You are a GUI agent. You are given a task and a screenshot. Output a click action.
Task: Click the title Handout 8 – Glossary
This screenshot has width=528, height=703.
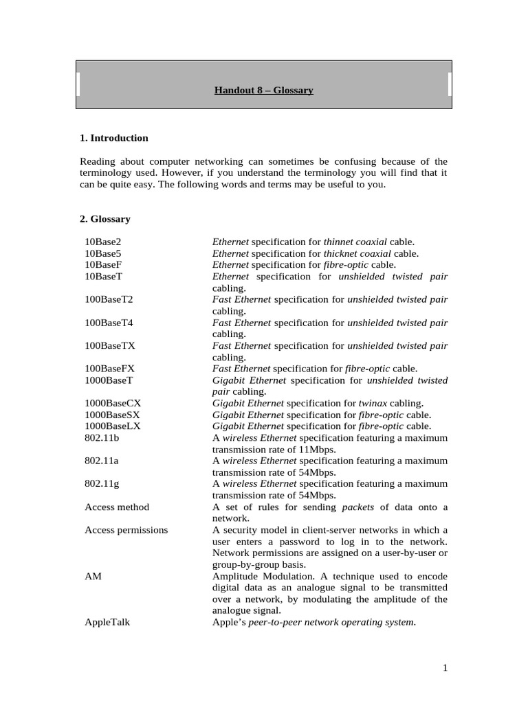click(263, 90)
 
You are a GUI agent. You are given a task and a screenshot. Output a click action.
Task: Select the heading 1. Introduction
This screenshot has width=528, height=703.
click(114, 138)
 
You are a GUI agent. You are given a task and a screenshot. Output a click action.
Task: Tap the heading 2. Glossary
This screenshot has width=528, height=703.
click(105, 219)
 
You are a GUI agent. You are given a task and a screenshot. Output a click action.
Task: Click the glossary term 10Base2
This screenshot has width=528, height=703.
click(102, 242)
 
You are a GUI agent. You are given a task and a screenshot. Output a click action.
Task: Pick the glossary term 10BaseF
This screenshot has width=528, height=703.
click(102, 264)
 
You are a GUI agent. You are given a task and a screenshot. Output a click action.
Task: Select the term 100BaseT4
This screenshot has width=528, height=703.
click(108, 323)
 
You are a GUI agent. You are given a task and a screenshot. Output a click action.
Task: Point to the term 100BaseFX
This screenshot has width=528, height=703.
click(110, 369)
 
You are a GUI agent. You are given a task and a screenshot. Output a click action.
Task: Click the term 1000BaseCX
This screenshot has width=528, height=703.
click(113, 403)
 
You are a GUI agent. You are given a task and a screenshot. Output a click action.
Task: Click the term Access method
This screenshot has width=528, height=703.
click(117, 507)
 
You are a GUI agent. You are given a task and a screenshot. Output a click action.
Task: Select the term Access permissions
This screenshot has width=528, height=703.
click(126, 530)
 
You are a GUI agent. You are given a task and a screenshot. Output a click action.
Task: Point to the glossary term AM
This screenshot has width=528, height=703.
click(93, 576)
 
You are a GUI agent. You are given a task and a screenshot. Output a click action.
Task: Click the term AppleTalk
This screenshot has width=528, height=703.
click(107, 622)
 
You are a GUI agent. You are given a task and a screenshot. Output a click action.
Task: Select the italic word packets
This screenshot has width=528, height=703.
click(360, 507)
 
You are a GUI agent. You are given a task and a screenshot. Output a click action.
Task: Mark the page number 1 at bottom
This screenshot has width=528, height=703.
click(445, 668)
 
